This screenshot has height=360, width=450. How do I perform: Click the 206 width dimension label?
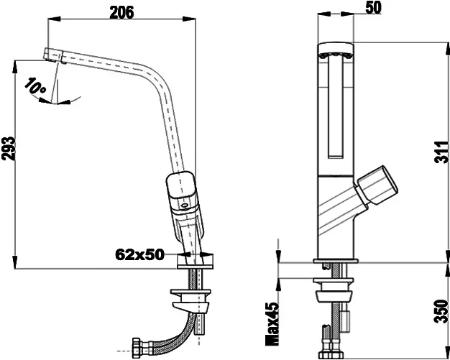121,13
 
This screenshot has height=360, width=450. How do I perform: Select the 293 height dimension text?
8,149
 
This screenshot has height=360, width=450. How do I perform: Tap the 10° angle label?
35,86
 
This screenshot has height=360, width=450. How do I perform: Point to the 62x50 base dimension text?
139,254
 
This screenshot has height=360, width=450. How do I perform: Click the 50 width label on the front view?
373,8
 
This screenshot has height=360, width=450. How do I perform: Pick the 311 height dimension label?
441,152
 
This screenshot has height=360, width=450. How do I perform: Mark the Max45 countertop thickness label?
272,324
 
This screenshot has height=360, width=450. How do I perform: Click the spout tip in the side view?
53,55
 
